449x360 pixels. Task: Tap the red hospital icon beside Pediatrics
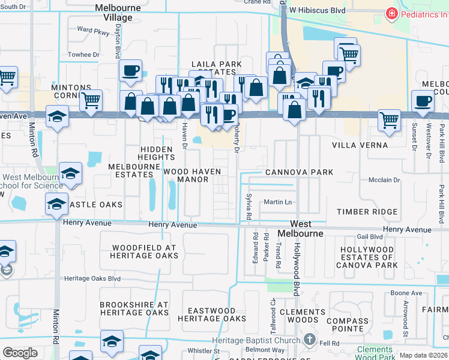(391, 13)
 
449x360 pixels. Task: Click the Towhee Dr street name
(83, 55)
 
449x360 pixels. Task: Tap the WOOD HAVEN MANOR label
(192, 175)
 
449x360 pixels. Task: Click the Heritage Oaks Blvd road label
(92, 278)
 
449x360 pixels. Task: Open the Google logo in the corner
(20, 353)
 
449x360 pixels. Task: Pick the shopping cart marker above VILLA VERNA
(389, 121)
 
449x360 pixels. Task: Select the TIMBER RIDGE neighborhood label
(367, 212)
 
